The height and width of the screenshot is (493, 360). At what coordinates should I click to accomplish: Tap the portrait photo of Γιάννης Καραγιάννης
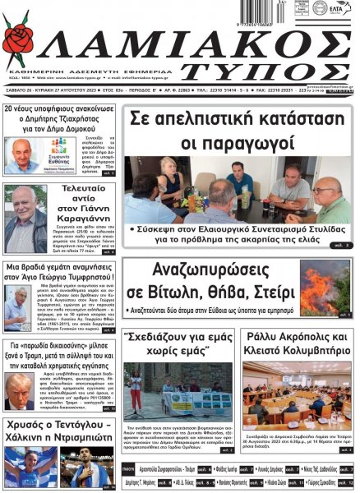(x=26, y=220)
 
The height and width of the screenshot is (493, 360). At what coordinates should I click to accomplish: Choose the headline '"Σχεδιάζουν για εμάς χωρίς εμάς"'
(x=178, y=345)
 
